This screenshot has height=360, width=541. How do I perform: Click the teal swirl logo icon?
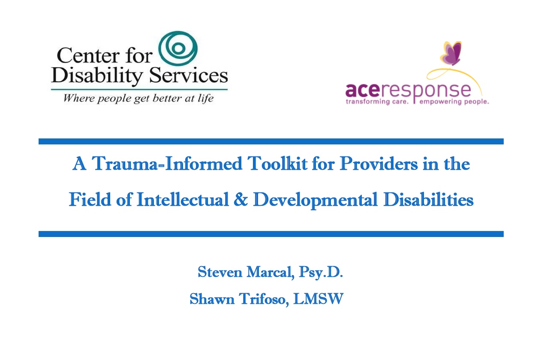(x=178, y=48)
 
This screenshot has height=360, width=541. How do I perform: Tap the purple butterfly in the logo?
(x=451, y=53)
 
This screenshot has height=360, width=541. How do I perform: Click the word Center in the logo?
(x=88, y=56)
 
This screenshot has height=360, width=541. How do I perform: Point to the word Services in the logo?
(x=189, y=75)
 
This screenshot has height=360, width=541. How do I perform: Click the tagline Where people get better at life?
(x=138, y=98)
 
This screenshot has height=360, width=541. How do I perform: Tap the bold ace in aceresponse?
(x=363, y=90)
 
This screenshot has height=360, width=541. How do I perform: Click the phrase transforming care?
(x=377, y=102)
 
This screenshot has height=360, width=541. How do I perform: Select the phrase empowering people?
(x=454, y=102)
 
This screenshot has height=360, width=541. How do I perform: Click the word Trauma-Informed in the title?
(x=167, y=164)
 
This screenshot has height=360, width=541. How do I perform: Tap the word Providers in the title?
(x=379, y=164)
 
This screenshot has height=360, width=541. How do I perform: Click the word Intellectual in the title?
(x=183, y=199)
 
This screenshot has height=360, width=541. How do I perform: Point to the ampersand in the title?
(x=241, y=200)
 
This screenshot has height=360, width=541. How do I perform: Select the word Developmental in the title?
(x=315, y=201)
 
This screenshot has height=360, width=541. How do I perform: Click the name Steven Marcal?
(x=246, y=272)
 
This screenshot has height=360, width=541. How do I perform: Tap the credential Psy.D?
(x=321, y=273)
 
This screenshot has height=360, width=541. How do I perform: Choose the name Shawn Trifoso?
(x=239, y=299)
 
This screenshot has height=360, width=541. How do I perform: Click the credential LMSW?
(x=319, y=299)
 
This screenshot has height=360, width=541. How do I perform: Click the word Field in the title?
(x=90, y=199)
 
